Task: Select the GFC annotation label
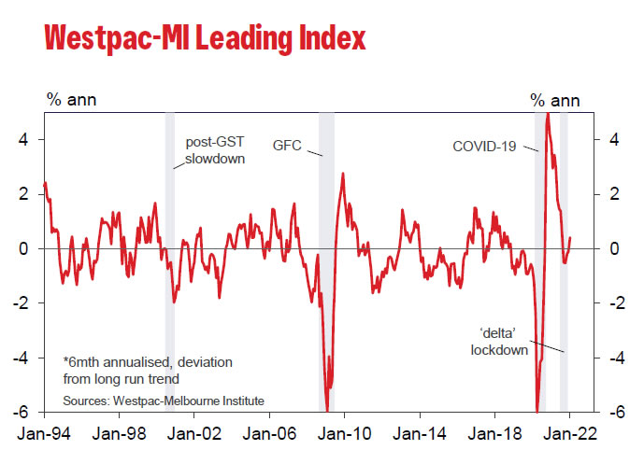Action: click(288, 146)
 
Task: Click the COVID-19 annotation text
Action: click(483, 146)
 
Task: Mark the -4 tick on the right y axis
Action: click(612, 358)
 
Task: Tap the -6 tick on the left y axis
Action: click(27, 412)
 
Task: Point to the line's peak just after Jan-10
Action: click(344, 174)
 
